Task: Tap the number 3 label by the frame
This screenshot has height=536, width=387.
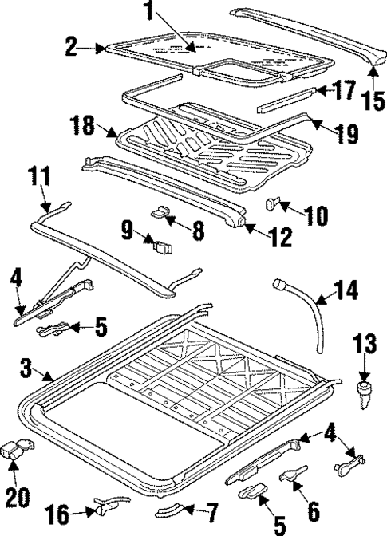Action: click(26, 368)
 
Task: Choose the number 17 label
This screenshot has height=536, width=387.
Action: click(344, 90)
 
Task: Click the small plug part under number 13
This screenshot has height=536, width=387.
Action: click(365, 392)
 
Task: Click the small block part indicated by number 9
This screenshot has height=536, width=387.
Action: click(165, 243)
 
